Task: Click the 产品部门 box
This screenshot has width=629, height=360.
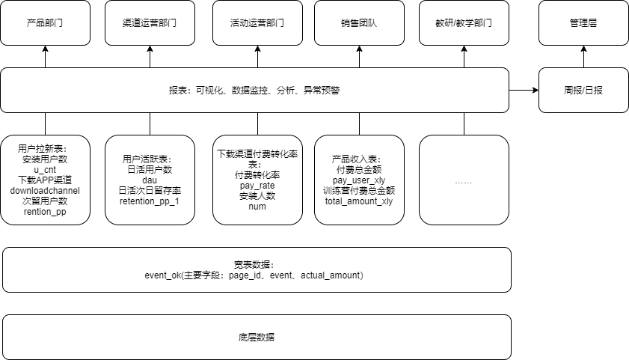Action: tap(45, 22)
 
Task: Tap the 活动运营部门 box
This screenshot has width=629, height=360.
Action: tap(257, 22)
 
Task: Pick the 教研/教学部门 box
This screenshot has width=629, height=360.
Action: tap(464, 22)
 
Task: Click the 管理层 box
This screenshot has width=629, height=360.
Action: tap(583, 22)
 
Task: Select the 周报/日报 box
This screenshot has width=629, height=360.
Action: tap(583, 90)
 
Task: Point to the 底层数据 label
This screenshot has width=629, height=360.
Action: tap(257, 338)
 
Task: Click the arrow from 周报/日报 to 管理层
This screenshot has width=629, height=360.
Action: tap(583, 57)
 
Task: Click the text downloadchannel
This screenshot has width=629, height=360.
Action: tap(45, 190)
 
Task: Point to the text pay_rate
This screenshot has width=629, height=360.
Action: tap(257, 185)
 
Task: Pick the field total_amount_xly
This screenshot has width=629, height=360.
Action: tap(359, 201)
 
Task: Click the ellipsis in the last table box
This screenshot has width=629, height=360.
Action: tap(464, 181)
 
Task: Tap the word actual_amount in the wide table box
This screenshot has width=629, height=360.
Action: tap(331, 275)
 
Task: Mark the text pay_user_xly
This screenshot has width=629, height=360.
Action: tap(359, 180)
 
